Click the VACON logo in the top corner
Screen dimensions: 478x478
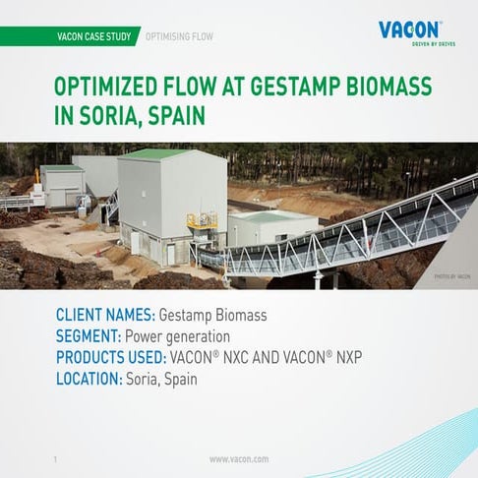point(410,30)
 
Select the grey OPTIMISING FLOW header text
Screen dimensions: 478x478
point(178,36)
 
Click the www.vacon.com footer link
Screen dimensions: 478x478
point(239,458)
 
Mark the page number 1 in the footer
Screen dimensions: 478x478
point(55,458)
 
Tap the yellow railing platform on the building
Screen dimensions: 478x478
point(202,220)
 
